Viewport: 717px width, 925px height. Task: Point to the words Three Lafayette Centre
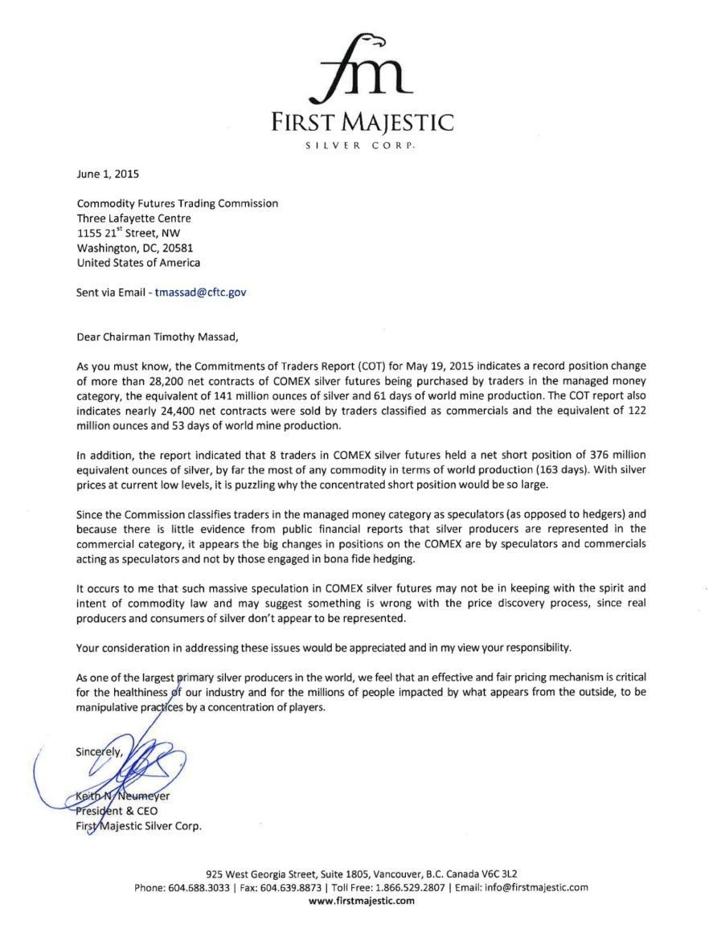pos(134,218)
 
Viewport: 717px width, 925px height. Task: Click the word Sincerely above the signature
pos(100,753)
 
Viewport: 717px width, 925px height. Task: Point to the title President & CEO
pos(113,811)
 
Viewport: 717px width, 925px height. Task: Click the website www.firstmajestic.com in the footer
pos(361,902)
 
